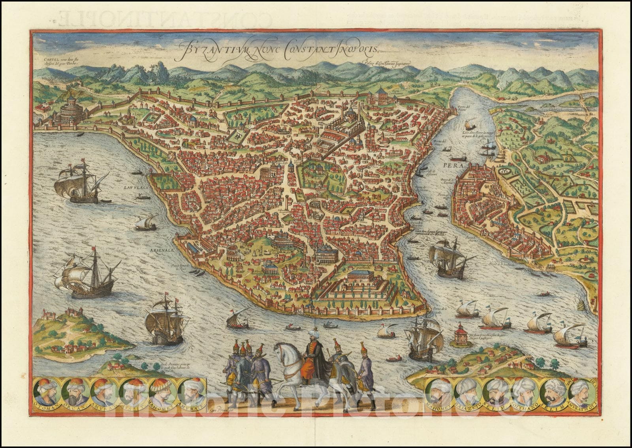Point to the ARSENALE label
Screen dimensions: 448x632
click(161, 249)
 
